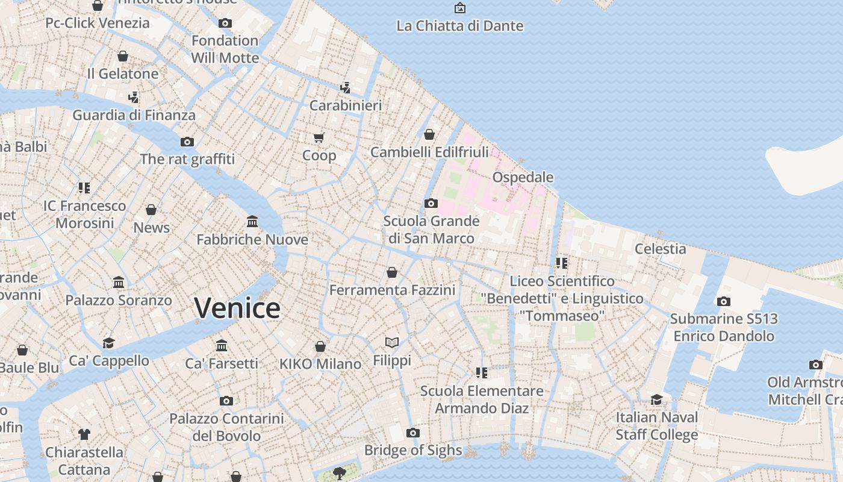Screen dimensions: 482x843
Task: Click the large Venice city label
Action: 237,308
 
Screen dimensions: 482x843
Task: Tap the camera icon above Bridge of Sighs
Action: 412,433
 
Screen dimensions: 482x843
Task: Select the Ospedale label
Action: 523,177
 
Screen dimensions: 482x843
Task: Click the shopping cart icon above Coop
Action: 319,137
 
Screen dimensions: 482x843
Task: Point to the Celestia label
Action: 660,249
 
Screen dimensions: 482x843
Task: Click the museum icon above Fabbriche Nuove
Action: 252,222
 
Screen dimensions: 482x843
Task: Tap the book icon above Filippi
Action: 392,343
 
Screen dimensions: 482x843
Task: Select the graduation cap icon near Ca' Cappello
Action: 108,343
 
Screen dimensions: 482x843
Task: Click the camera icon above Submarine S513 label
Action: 724,301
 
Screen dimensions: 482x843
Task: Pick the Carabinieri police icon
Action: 345,88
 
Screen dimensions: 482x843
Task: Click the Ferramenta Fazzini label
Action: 392,290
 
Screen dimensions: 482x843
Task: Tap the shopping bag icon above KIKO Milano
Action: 320,346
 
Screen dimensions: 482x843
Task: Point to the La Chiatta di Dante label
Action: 459,26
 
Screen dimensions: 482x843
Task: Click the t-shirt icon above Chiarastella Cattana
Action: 84,434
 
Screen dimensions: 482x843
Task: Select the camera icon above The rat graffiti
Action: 187,142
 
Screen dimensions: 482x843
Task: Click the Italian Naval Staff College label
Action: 656,425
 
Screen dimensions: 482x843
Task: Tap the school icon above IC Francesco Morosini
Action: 84,188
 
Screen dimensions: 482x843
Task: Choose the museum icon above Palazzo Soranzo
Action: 119,282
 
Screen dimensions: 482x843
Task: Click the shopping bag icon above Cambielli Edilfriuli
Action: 429,134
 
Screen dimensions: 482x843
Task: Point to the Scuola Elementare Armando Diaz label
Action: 482,399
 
